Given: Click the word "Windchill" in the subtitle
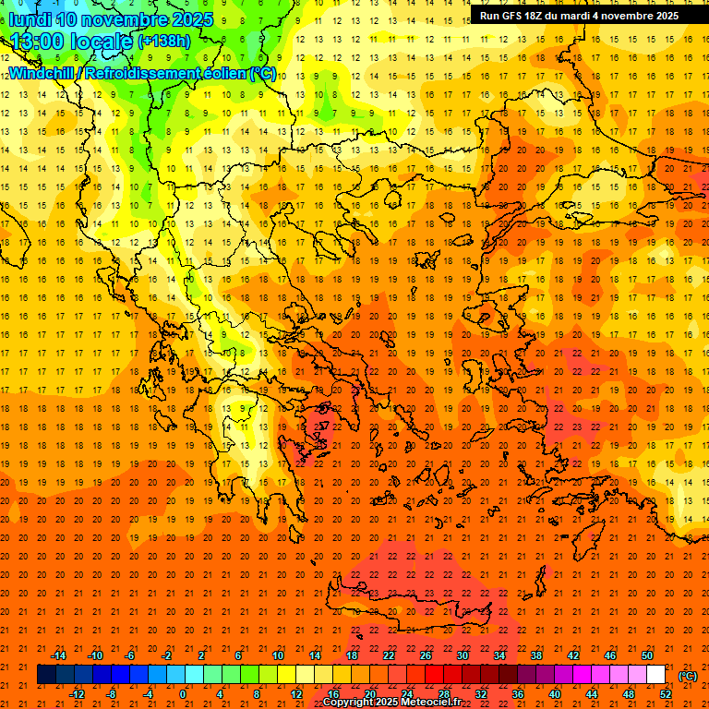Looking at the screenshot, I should point(41,73).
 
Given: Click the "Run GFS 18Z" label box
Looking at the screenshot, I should point(579,15).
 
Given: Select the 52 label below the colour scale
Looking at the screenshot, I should point(666,694).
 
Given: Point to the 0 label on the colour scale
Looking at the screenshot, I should point(183,694).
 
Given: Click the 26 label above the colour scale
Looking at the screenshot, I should point(425,655).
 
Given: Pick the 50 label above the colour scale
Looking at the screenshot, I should point(646,655).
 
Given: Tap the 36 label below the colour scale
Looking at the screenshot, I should point(518,694).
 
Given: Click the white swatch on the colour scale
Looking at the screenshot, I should point(655,675).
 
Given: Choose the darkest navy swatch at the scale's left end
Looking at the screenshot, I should point(46,675).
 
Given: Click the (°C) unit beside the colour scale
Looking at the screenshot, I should point(688,675).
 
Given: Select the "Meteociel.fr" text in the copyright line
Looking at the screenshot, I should point(430,703).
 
